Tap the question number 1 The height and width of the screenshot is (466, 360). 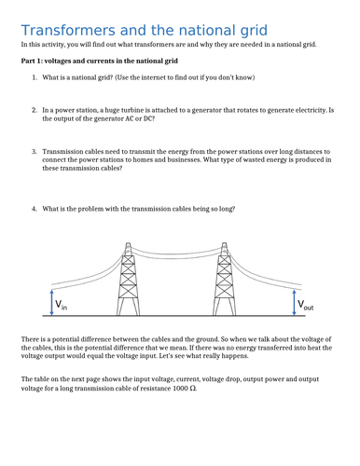(x=35, y=78)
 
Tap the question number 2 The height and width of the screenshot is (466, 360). (x=35, y=109)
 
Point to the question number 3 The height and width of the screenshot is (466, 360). (x=35, y=150)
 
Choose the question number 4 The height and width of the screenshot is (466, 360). (x=35, y=208)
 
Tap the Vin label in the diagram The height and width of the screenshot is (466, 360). (x=61, y=306)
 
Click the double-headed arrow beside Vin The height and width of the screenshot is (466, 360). (x=50, y=299)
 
